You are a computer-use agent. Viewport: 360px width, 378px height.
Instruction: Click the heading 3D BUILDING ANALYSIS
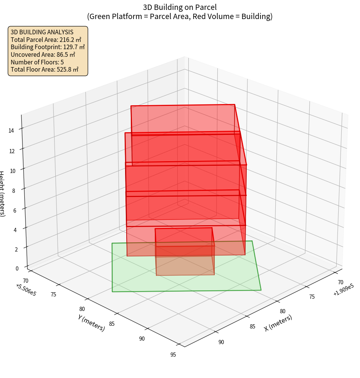click(x=42, y=32)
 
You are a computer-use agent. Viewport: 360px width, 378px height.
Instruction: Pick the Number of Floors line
click(x=37, y=62)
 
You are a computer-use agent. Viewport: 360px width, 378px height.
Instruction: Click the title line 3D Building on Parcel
click(x=180, y=7)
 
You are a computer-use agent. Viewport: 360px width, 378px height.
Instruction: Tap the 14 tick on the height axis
click(x=11, y=131)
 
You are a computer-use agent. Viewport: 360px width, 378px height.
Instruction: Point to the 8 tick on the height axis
click(x=13, y=190)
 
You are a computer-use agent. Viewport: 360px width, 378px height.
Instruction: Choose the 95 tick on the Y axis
click(x=173, y=355)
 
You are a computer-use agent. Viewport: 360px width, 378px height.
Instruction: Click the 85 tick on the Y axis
click(x=112, y=324)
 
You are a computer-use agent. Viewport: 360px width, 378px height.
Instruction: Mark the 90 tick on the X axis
click(x=221, y=342)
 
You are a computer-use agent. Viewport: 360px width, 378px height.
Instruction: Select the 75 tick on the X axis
click(x=312, y=296)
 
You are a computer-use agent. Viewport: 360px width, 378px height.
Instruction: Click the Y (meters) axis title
click(x=92, y=322)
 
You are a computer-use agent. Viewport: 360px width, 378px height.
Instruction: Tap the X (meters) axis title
click(x=278, y=323)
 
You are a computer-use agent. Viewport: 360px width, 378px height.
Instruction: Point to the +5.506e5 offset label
click(x=26, y=288)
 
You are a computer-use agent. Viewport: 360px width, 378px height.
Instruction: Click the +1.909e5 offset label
click(x=343, y=291)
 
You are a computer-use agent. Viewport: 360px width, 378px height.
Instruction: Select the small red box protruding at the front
click(x=185, y=251)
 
